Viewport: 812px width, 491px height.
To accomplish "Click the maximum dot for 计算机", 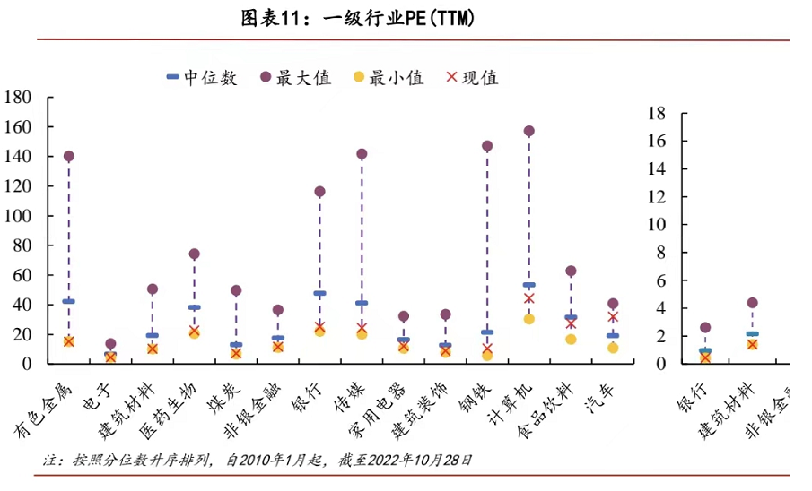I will point(528,131).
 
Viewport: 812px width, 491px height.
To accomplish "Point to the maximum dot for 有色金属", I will point(68,156).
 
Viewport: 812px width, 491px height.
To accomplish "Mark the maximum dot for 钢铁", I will point(487,145).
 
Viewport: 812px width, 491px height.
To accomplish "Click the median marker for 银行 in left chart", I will point(319,293).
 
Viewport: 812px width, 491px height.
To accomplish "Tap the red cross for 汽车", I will point(613,316).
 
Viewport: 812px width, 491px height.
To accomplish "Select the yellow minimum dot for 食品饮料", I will point(571,339).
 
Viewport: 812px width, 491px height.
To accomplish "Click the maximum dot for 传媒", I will point(362,154).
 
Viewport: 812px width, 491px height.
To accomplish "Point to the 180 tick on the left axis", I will point(19,98).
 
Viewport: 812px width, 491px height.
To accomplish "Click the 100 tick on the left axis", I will point(19,216).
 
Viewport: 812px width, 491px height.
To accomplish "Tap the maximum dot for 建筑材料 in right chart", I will point(752,303).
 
